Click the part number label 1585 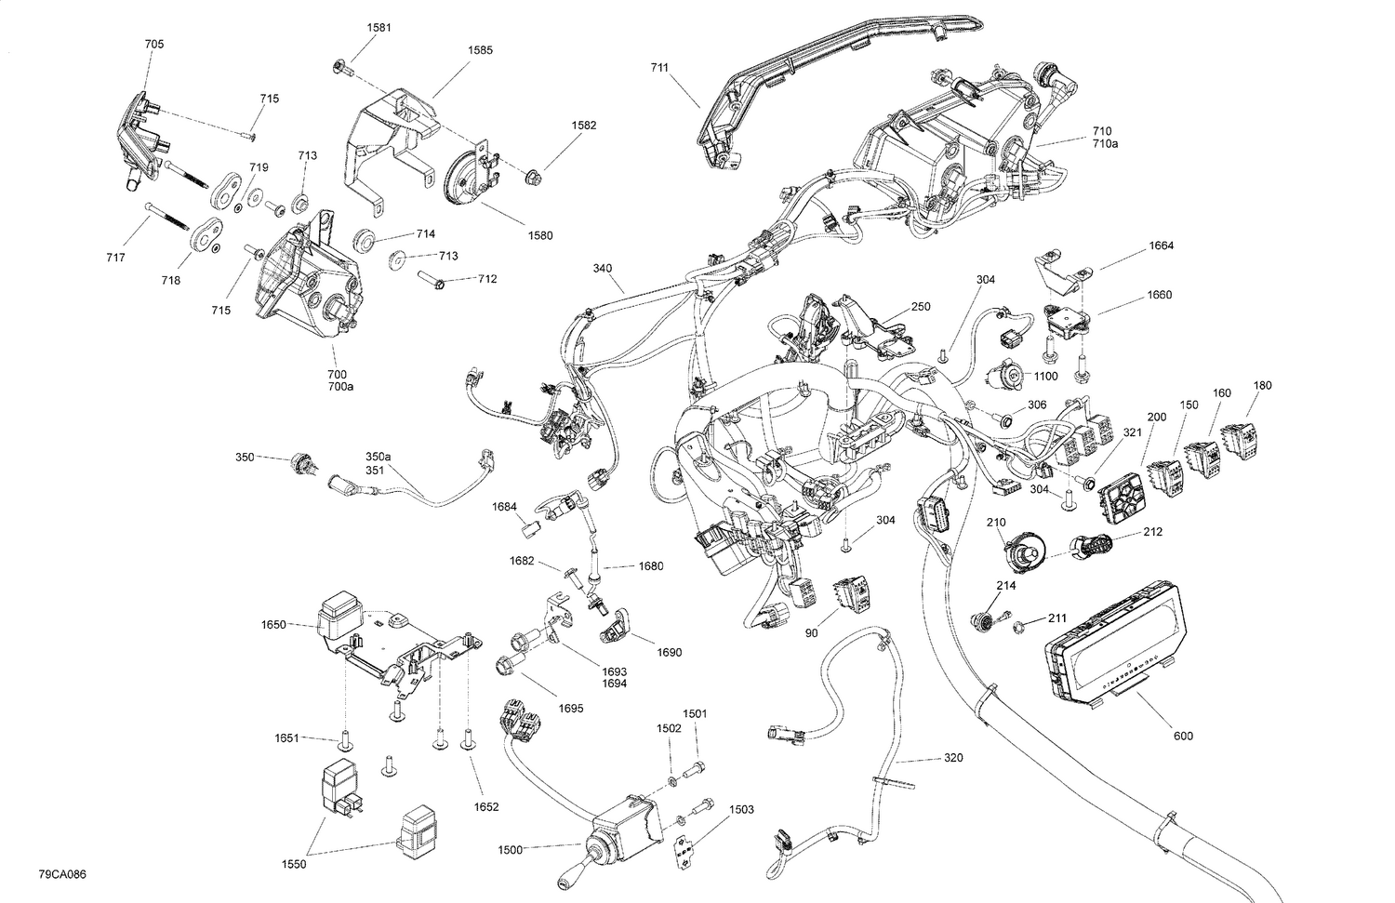[x=481, y=50]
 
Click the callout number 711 [x=659, y=68]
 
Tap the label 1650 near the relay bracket [x=273, y=625]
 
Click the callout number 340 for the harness [x=603, y=269]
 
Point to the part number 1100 [x=1045, y=376]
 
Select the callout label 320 [x=953, y=758]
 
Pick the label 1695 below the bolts [x=571, y=709]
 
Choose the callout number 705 [x=154, y=44]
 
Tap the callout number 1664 [x=1161, y=246]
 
